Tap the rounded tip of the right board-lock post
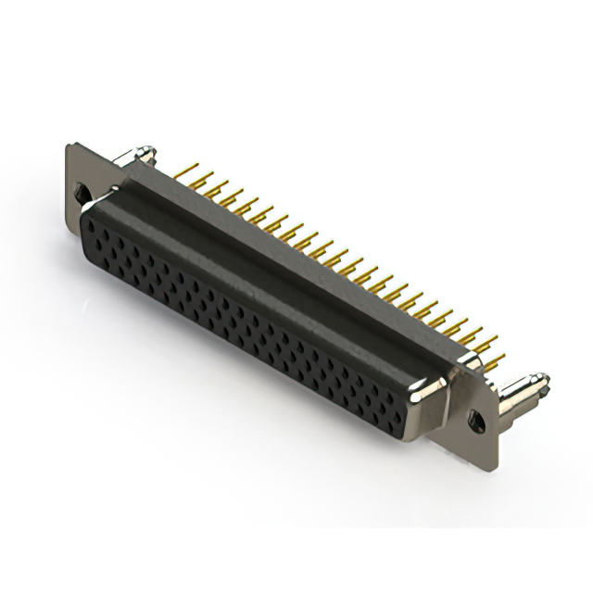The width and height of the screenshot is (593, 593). (543, 380)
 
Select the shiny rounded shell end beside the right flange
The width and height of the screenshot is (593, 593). (432, 394)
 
